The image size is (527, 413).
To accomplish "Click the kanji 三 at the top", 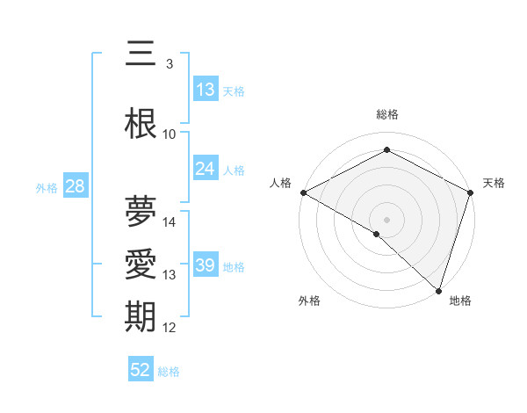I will [140, 55].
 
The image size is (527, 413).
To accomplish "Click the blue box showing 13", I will [206, 90].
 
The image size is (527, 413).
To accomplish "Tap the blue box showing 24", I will [206, 169].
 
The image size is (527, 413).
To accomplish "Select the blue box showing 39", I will [206, 265].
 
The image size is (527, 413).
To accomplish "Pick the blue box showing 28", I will [75, 186].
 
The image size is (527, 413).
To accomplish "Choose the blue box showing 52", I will [141, 370].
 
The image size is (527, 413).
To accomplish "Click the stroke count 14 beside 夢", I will [170, 222].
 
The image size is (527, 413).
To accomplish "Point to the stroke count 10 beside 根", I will [170, 134].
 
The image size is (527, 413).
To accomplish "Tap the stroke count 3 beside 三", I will [170, 64].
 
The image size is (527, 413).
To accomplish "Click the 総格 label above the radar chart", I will [387, 114].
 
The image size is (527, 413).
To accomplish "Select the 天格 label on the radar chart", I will [494, 183].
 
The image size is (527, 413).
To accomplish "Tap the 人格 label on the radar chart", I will [281, 183].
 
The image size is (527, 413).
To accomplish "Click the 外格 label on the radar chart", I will [309, 301].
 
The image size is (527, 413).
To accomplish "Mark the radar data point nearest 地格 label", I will [438, 290].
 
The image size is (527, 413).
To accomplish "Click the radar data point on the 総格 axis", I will [386, 150].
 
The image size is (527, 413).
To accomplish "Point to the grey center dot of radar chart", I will [386, 218].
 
